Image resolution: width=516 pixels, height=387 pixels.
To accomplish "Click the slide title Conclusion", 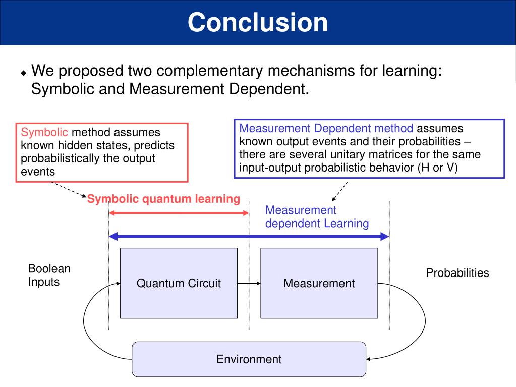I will [258, 23].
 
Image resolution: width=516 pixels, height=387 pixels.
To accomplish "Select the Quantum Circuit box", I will [179, 283].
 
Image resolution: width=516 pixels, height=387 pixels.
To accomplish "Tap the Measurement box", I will [319, 283].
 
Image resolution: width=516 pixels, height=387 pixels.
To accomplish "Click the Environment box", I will [249, 359].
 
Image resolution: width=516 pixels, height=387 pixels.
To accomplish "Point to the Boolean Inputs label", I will [49, 275].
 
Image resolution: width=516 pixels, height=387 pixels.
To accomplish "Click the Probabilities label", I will [457, 273].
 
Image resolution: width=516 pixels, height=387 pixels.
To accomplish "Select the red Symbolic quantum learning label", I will [163, 199].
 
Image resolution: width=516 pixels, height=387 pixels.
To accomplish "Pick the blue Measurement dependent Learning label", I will [317, 216].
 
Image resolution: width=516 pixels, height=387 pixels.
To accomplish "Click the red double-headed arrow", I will [179, 213].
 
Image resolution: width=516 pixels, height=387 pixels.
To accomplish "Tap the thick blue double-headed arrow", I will [249, 236].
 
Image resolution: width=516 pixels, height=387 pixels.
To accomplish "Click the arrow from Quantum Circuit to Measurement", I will [249, 283].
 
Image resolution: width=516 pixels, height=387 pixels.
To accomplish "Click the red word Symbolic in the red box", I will [44, 133].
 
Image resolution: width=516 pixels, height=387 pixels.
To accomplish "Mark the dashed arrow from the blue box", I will [339, 190].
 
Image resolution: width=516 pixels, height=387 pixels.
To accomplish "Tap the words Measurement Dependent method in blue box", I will [326, 128].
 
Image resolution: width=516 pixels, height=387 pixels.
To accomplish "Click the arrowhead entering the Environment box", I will [369, 359].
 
